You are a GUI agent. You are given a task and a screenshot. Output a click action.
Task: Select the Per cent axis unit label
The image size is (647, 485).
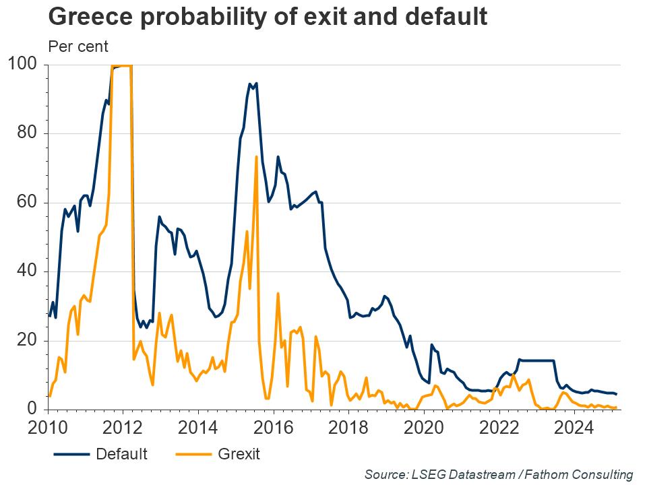tap(78, 46)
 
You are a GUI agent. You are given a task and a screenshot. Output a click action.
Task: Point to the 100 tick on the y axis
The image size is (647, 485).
tap(24, 65)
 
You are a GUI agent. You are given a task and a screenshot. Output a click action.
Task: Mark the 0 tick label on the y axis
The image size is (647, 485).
tap(33, 409)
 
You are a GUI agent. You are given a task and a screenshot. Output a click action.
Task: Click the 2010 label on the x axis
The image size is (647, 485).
tap(49, 428)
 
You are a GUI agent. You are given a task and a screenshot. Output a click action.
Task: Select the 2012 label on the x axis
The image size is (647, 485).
tap(123, 428)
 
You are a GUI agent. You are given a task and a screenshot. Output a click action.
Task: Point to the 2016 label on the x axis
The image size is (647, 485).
tap(274, 428)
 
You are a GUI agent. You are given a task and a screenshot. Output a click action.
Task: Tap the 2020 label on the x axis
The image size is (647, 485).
tap(424, 428)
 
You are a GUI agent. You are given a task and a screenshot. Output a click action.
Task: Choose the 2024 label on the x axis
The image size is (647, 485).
tap(574, 428)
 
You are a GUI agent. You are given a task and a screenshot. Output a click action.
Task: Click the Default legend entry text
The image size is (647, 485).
tap(121, 453)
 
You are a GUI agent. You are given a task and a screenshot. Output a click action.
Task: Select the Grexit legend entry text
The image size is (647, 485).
tap(239, 453)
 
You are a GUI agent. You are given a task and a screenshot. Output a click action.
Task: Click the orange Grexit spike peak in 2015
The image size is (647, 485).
tap(257, 158)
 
